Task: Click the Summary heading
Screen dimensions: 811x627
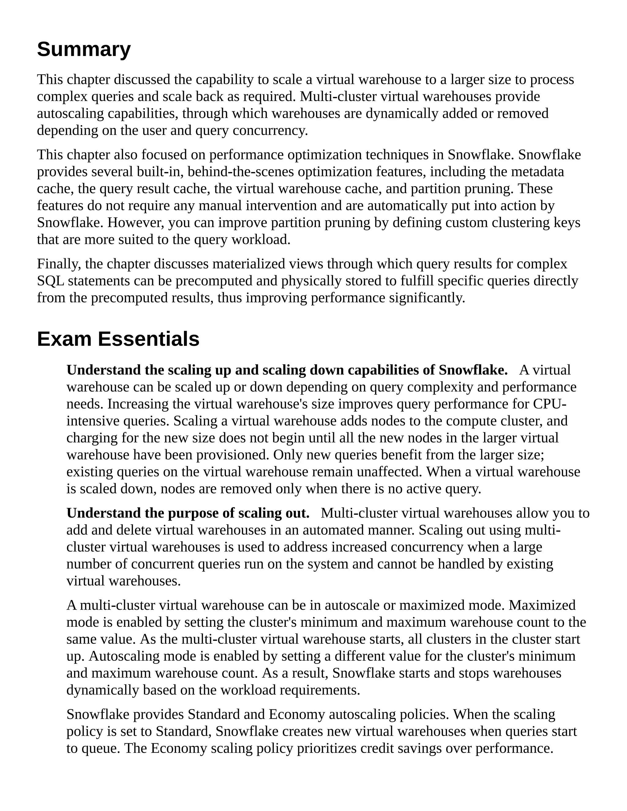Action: point(84,49)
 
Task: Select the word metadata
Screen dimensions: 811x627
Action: point(538,172)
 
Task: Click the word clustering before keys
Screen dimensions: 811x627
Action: point(519,222)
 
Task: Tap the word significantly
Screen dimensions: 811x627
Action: point(427,298)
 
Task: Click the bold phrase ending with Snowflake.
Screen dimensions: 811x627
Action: point(287,370)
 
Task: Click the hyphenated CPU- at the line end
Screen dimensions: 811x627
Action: point(549,404)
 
